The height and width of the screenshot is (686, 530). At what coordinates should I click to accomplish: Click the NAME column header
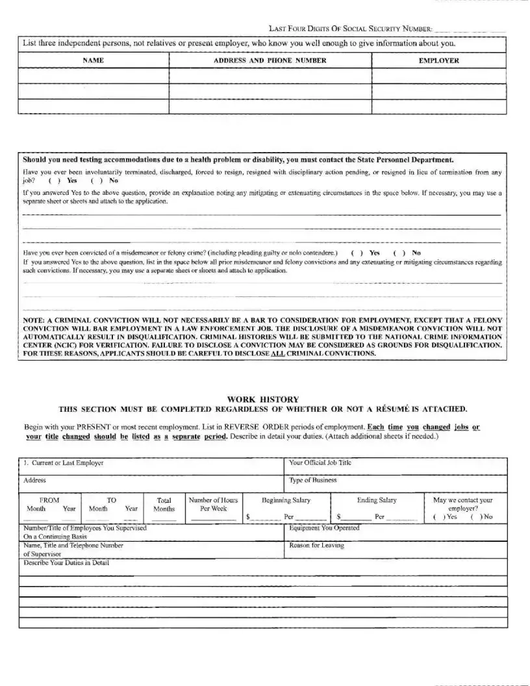tap(93, 60)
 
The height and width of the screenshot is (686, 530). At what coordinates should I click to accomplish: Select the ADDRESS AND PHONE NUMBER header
tap(270, 60)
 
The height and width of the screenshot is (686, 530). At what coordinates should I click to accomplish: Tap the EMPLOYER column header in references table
tap(439, 60)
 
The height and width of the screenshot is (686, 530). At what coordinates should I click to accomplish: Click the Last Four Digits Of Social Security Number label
tap(350, 29)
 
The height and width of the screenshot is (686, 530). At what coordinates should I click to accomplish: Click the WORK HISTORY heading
tap(263, 399)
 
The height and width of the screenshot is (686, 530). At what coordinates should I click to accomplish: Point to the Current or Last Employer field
tap(149, 466)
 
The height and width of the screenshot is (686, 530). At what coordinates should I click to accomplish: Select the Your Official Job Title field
tap(396, 466)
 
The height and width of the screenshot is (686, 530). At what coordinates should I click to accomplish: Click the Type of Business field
tap(396, 484)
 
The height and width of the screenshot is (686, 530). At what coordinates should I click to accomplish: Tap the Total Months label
tap(164, 505)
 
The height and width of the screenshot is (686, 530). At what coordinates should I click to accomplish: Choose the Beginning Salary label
tap(286, 500)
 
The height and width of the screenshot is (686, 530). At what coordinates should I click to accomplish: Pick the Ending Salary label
tap(377, 500)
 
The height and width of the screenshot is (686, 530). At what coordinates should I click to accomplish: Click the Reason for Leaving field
tap(396, 550)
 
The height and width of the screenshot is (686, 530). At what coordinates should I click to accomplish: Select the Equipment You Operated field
tap(396, 532)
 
